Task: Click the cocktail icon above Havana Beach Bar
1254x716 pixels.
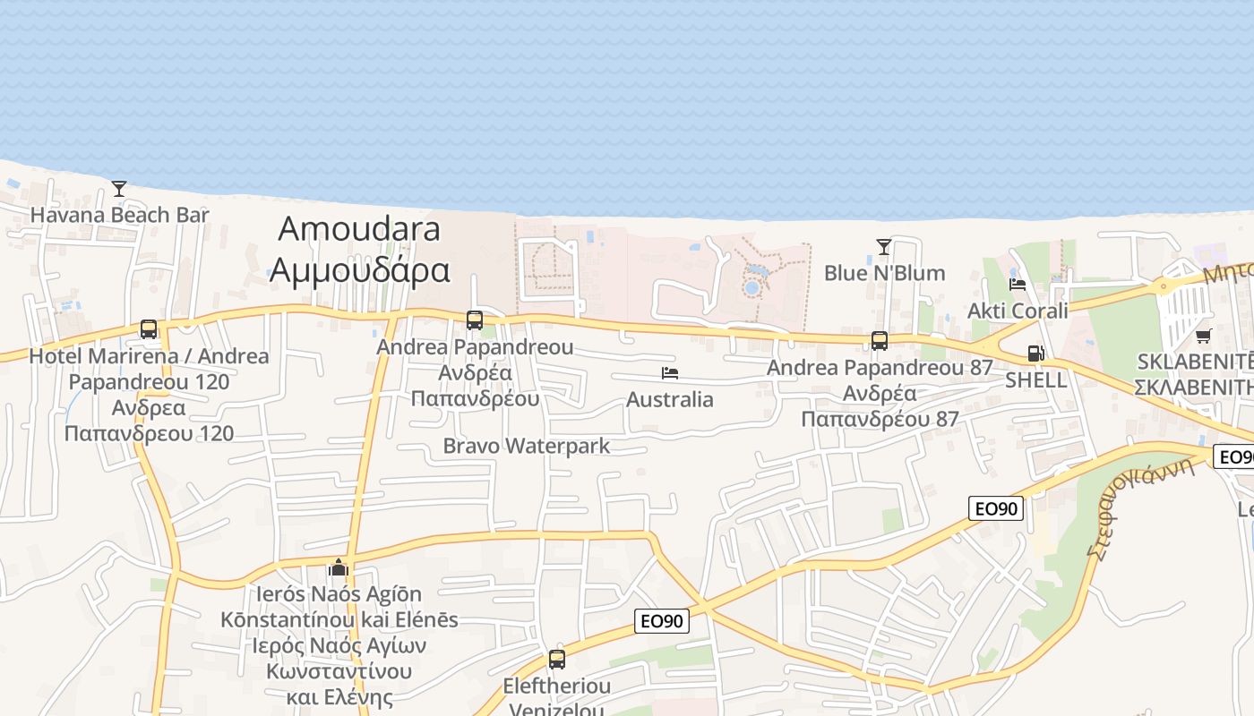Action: coord(118,188)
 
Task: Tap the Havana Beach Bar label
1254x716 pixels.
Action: coord(119,215)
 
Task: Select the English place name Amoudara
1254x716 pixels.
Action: coord(359,229)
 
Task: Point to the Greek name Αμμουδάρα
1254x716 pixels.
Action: coord(359,268)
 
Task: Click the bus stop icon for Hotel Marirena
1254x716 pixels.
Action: coord(149,329)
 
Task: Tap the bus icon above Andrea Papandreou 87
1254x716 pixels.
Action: coord(880,341)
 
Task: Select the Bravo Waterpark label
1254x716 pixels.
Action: coord(527,446)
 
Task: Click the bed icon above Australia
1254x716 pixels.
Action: coord(670,372)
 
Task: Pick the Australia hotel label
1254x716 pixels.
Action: coord(670,399)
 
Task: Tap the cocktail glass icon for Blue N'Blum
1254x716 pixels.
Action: coord(884,246)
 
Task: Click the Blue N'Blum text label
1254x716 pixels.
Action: coord(884,273)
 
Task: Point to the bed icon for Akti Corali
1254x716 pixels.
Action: coord(1018,285)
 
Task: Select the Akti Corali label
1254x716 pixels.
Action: coord(1018,311)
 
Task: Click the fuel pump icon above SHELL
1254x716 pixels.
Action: coord(1035,354)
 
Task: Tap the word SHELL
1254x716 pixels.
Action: coord(1035,379)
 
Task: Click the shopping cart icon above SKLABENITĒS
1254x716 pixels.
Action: coord(1203,336)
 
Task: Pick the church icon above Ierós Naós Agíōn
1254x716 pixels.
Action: coord(339,567)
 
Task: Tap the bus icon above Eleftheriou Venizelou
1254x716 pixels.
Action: coord(557,660)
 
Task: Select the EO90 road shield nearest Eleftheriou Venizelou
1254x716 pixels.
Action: coord(662,621)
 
